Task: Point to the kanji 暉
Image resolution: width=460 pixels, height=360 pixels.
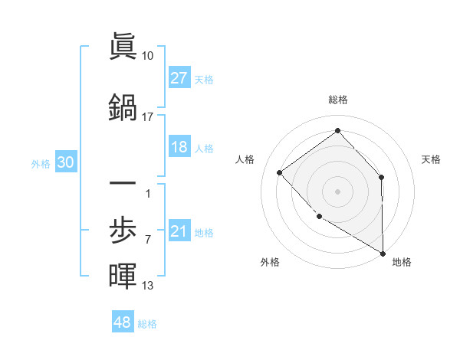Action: (123, 275)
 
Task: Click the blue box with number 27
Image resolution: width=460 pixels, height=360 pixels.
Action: (179, 78)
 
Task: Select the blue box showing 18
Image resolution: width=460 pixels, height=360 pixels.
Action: (179, 147)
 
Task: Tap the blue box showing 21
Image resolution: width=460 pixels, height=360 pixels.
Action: (179, 231)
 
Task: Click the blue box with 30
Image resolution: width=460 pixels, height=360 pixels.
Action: (65, 162)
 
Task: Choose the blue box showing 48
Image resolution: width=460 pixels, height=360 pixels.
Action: (123, 322)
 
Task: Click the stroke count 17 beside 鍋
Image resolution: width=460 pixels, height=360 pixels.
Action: (148, 117)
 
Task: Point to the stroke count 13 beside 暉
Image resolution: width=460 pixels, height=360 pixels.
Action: (148, 286)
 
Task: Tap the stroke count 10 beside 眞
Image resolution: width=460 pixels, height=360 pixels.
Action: (148, 56)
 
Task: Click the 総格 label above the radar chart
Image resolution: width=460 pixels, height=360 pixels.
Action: (337, 100)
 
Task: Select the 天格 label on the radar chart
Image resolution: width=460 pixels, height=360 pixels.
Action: (432, 159)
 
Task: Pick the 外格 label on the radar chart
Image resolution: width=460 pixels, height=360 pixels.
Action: (270, 262)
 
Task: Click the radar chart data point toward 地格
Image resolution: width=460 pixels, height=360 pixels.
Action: (383, 254)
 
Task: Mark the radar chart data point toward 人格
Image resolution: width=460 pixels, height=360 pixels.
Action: (280, 172)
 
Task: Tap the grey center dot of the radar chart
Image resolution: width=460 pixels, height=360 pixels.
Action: (337, 191)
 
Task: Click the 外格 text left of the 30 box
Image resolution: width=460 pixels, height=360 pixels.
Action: (41, 163)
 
